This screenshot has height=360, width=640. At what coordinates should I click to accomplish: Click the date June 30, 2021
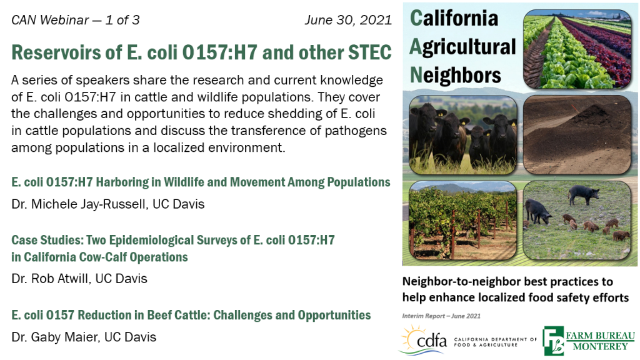(x=348, y=20)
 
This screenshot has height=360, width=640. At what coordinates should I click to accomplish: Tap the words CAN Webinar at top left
(x=50, y=20)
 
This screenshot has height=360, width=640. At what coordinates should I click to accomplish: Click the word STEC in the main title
(x=370, y=52)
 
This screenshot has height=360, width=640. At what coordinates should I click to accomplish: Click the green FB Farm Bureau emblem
(x=553, y=341)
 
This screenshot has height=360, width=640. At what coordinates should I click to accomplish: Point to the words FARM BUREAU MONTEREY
(x=600, y=341)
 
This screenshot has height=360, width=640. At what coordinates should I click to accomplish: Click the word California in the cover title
(x=454, y=18)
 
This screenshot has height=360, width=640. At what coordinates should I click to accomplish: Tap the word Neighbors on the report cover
(x=456, y=75)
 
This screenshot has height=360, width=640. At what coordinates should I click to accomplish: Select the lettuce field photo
(x=577, y=49)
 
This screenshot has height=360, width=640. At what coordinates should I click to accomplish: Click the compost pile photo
(x=577, y=135)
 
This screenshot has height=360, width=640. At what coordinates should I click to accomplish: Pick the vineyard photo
(x=463, y=221)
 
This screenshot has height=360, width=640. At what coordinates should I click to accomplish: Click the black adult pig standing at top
(x=584, y=194)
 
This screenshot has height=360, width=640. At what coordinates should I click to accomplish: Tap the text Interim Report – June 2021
(x=441, y=316)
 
